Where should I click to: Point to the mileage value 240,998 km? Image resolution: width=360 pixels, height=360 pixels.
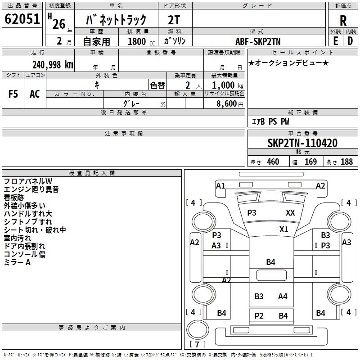click(53, 64)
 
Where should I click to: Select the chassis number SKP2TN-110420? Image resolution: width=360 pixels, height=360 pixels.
click(302, 143)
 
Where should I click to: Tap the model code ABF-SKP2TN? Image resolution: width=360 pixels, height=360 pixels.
click(258, 40)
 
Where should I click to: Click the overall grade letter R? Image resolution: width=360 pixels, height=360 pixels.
click(343, 21)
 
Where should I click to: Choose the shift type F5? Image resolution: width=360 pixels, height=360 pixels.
click(13, 94)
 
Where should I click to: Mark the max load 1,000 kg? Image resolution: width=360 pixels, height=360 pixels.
click(228, 85)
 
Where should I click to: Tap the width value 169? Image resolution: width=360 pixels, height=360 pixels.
click(311, 162)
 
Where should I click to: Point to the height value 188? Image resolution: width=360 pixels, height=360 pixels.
click(346, 162)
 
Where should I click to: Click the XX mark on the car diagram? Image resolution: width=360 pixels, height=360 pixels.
click(290, 213)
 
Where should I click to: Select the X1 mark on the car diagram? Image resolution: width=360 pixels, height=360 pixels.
click(283, 229)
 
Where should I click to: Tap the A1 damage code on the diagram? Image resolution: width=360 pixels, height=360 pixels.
click(220, 185)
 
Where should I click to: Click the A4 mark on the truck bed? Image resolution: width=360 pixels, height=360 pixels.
click(283, 296)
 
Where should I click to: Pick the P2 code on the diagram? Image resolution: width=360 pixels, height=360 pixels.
click(259, 315)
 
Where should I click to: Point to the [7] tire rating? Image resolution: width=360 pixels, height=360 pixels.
click(197, 344)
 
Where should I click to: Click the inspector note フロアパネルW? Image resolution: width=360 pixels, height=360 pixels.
click(28, 181)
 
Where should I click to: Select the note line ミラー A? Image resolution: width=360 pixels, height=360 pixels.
click(17, 262)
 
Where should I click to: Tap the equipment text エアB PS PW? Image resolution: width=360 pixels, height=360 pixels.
click(270, 121)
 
